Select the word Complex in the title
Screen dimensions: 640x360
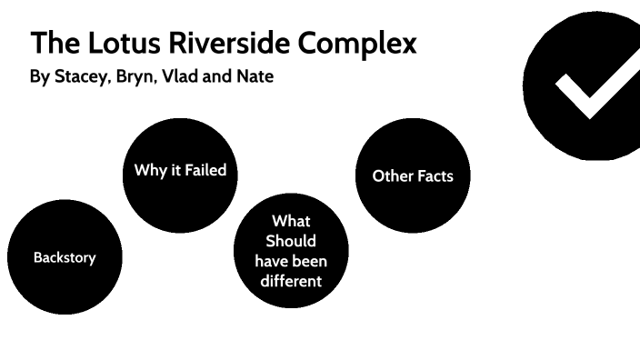click(365, 43)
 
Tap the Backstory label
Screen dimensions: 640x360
click(65, 257)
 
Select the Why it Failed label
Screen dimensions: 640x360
click(180, 170)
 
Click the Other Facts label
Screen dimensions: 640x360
click(413, 175)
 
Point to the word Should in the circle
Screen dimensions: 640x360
click(291, 241)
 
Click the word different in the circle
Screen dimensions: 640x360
click(291, 281)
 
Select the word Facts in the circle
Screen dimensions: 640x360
click(435, 175)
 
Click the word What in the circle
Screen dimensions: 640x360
click(291, 221)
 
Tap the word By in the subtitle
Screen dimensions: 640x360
click(39, 77)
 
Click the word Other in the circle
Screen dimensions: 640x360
click(392, 175)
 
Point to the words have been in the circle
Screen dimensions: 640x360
click(291, 261)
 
